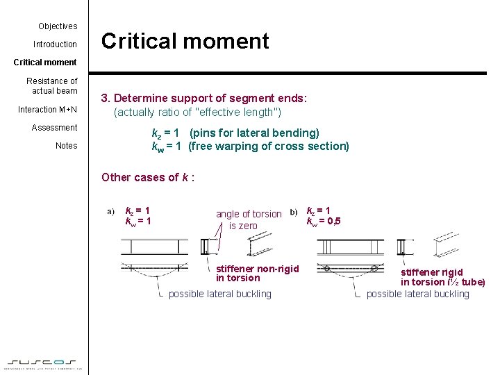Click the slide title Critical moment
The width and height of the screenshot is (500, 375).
[185, 41]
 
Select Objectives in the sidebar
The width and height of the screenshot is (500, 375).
[58, 26]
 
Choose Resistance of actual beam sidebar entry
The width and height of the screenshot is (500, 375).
[52, 86]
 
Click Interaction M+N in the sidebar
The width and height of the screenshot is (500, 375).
[47, 110]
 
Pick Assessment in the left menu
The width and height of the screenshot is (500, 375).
[54, 128]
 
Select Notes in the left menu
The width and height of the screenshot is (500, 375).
[66, 146]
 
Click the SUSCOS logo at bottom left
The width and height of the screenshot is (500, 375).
[44, 362]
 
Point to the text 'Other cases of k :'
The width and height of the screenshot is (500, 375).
[148, 177]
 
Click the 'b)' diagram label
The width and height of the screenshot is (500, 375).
[294, 211]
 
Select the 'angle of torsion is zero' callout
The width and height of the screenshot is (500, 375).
[248, 219]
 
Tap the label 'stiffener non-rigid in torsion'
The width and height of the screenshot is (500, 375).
[257, 274]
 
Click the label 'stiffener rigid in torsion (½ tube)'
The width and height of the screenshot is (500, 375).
[442, 277]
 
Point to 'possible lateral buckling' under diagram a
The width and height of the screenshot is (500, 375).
[219, 294]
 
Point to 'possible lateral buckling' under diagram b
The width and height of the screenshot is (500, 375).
[417, 294]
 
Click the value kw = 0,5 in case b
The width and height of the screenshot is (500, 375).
[324, 222]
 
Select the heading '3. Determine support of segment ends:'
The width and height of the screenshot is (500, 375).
[204, 99]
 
